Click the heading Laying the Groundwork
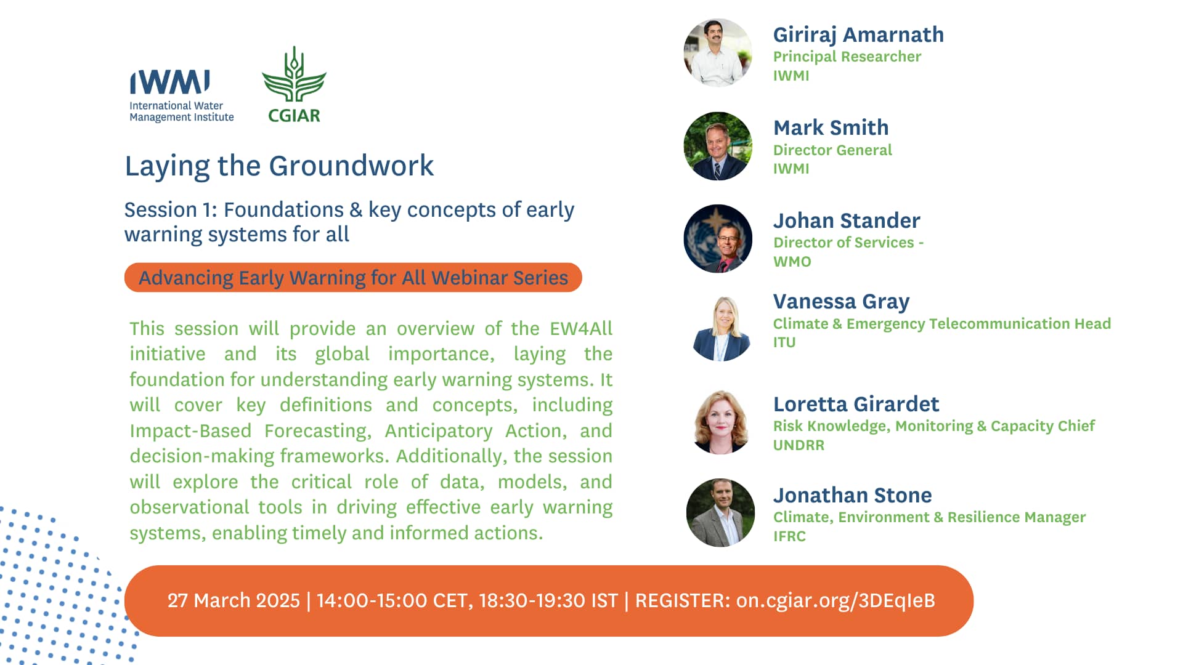(279, 166)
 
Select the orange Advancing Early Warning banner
(353, 278)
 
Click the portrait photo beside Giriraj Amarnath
(718, 52)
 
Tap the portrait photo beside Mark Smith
(718, 146)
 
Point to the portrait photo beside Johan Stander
(718, 239)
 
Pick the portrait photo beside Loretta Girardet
(722, 422)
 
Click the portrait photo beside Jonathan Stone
(720, 513)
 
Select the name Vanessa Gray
(841, 302)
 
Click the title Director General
(832, 150)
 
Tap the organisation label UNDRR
(799, 445)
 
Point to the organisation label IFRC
(789, 536)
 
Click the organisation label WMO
(792, 261)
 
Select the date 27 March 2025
(234, 600)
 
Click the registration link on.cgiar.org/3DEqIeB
(835, 601)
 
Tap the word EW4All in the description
(581, 328)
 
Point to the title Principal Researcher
(847, 57)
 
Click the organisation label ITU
(784, 342)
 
